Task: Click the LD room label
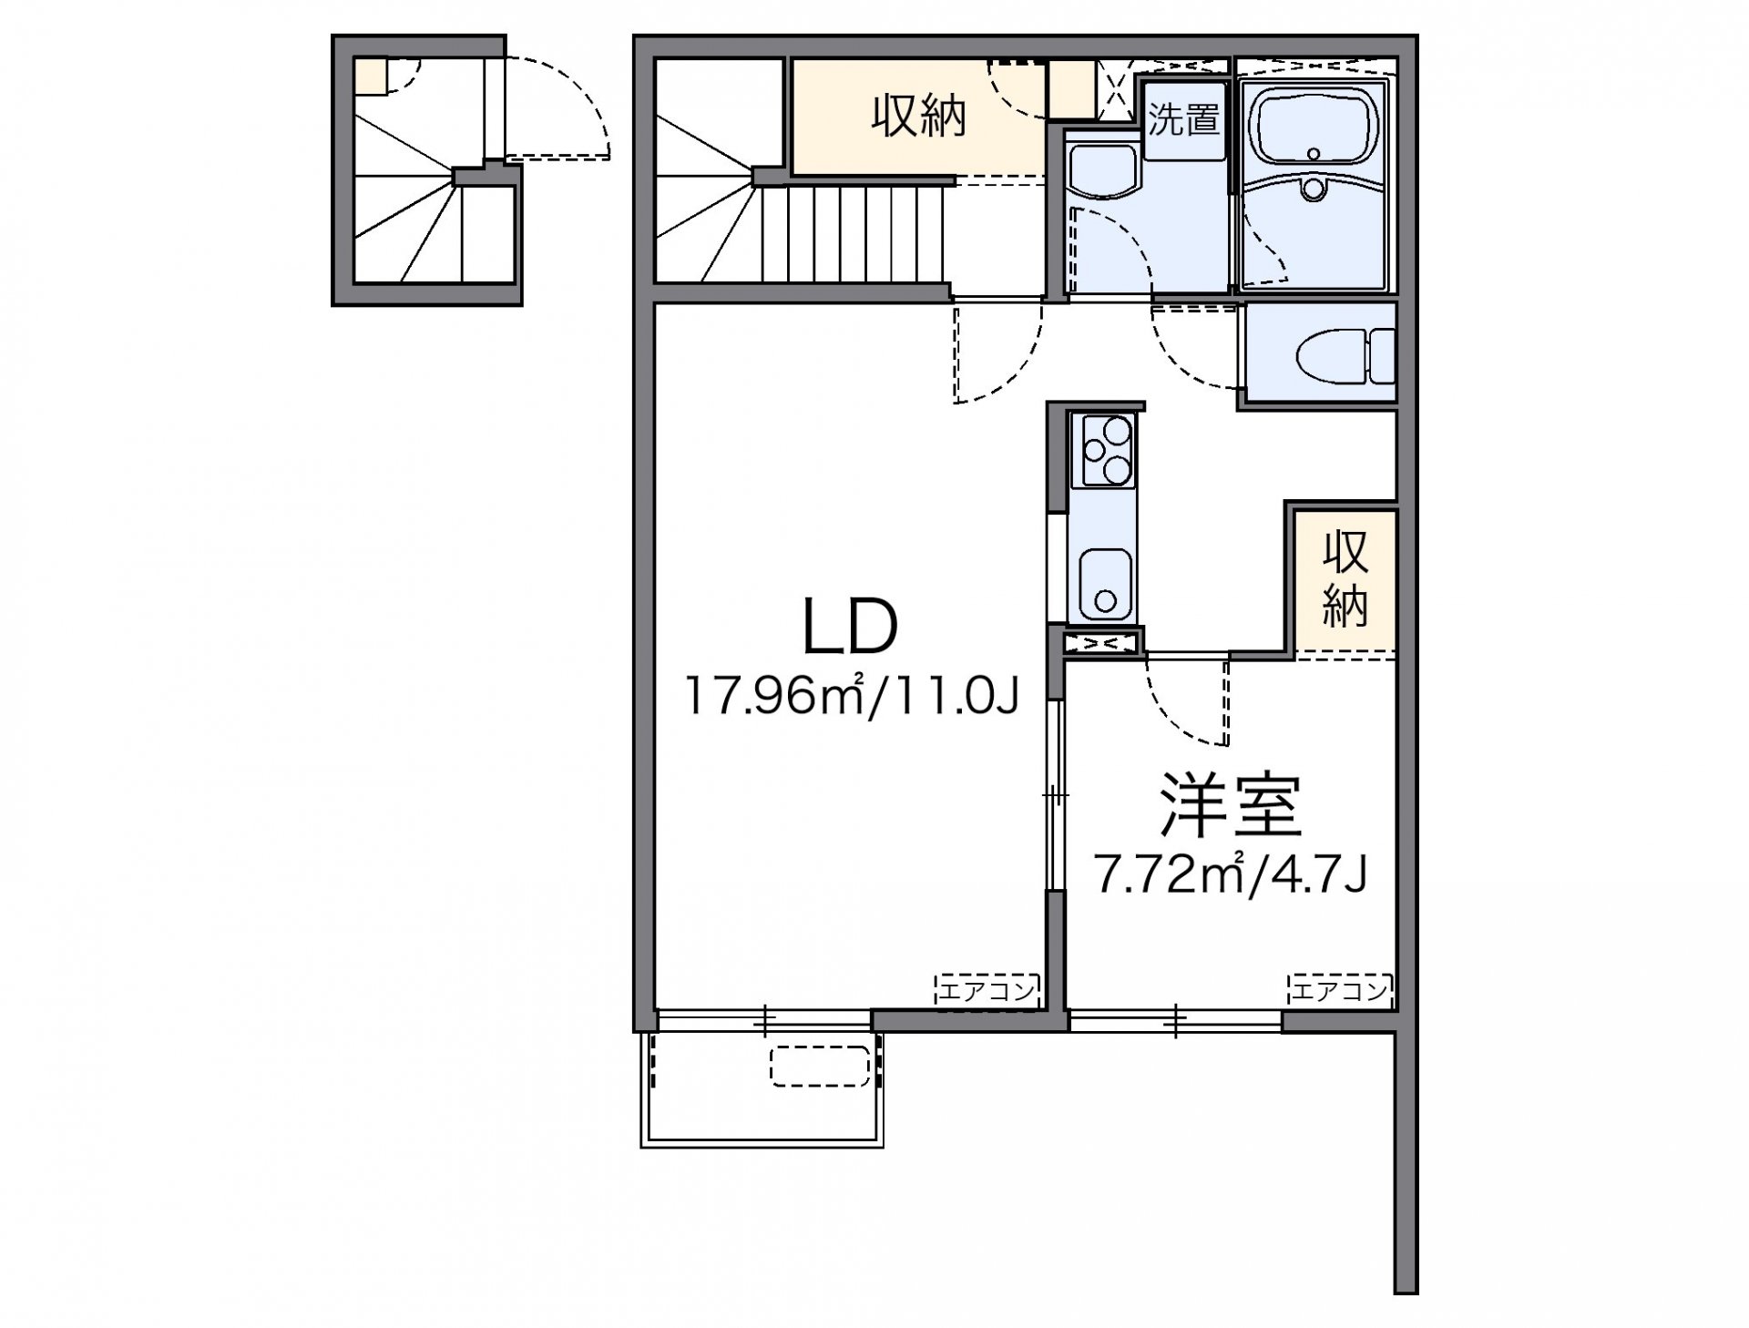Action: [x=850, y=628]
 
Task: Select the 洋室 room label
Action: [x=1231, y=807]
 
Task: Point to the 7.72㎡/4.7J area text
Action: [x=1231, y=876]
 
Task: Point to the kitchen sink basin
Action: [x=1106, y=583]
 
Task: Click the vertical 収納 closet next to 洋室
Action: [x=1345, y=579]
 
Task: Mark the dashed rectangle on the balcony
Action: [x=821, y=1066]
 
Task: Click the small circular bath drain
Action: [x=1313, y=189]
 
